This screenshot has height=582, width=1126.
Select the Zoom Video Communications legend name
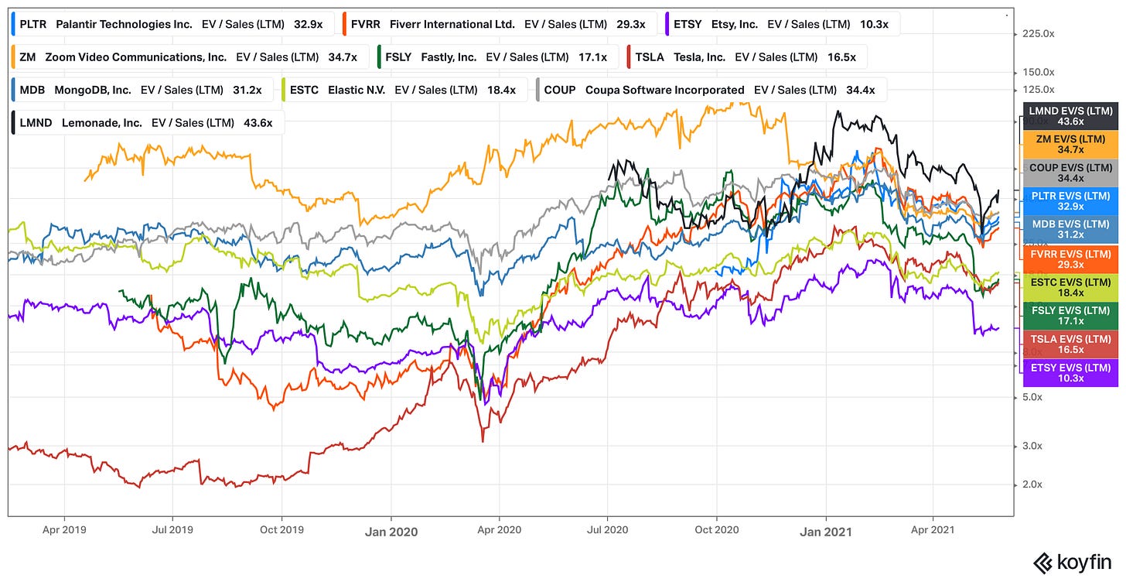pyautogui.click(x=135, y=56)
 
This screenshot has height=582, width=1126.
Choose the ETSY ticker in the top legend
pyautogui.click(x=688, y=24)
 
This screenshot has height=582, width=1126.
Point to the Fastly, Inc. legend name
pyautogui.click(x=449, y=56)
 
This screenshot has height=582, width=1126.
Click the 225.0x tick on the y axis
pyautogui.click(x=1037, y=33)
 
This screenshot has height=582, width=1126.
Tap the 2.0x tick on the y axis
pyautogui.click(x=1032, y=484)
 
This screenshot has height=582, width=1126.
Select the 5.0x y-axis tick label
pyautogui.click(x=1032, y=397)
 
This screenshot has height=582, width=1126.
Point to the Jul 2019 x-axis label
pyautogui.click(x=172, y=531)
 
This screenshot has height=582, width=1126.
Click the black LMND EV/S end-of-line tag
pyautogui.click(x=1070, y=116)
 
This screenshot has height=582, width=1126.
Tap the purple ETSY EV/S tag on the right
pyautogui.click(x=1070, y=373)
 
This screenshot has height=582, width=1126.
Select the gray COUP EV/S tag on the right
pyautogui.click(x=1070, y=173)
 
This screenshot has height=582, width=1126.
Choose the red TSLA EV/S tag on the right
pyautogui.click(x=1070, y=344)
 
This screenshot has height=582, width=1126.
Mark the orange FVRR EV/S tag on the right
pyautogui.click(x=1070, y=258)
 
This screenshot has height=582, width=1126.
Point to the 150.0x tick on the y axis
pyautogui.click(x=1037, y=71)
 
